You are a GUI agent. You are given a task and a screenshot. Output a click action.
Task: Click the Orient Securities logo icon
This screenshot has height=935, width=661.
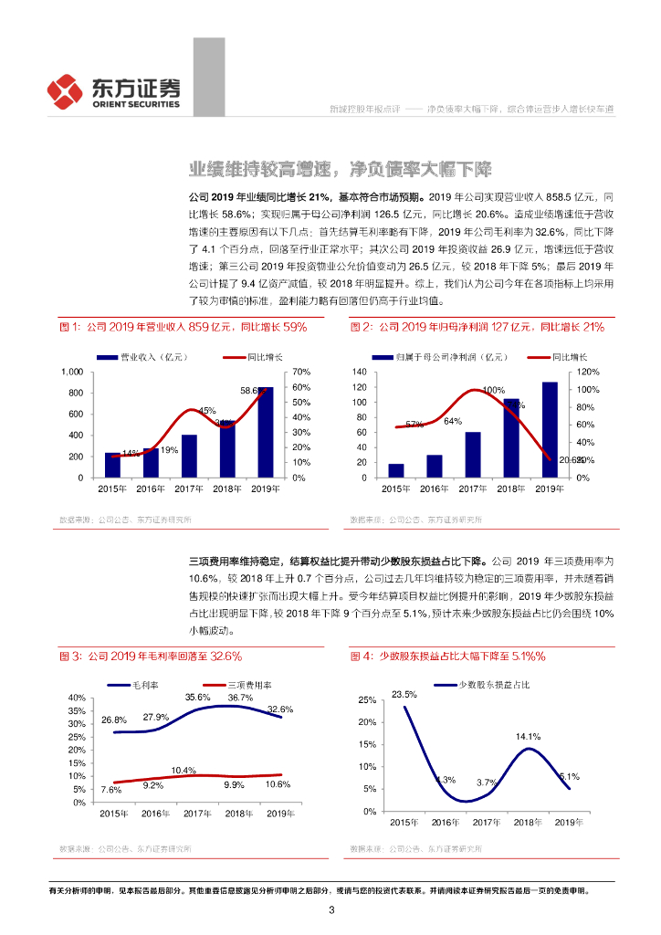coord(66,89)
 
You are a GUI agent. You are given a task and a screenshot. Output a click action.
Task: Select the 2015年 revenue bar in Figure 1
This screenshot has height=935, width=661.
coord(112,465)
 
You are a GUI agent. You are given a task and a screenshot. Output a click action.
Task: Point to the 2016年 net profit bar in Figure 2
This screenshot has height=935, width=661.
coord(435,467)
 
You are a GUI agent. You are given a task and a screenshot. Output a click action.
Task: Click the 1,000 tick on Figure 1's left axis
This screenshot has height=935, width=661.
coord(70,373)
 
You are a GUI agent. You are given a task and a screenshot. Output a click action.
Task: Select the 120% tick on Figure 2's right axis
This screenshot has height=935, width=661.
coord(589,373)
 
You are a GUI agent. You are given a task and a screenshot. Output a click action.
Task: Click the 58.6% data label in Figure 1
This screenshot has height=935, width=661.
coord(253,391)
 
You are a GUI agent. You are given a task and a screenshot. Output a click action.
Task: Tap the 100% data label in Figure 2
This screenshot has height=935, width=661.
coord(493,390)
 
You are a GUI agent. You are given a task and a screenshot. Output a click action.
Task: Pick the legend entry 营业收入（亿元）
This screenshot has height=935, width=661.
coord(150,356)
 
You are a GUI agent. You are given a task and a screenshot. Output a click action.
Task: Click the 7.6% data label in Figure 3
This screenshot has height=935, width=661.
coord(111,790)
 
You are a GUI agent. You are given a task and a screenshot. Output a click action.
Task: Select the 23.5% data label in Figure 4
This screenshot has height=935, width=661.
coord(404,695)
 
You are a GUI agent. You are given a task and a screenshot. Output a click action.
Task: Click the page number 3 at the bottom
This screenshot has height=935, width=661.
coord(331,909)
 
